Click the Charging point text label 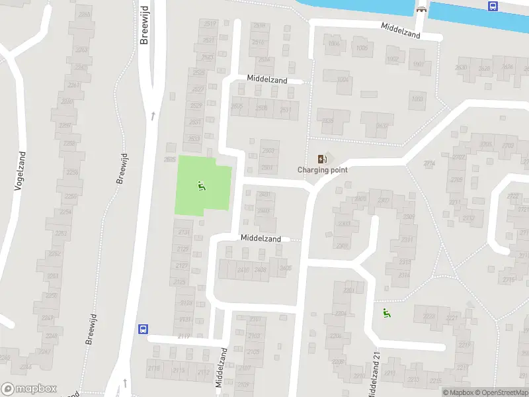click(323, 170)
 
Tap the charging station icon click(322, 159)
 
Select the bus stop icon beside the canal click(493, 6)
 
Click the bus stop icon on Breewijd click(142, 329)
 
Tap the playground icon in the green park click(202, 186)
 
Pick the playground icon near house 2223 click(386, 313)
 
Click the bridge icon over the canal click(421, 9)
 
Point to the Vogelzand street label click(20, 171)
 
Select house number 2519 click(210, 24)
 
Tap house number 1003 click(417, 99)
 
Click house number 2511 click(285, 109)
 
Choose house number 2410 click(243, 270)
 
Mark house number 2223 click(428, 317)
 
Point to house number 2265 click(84, 14)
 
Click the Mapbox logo click(28, 389)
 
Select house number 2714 click(430, 163)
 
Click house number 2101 click(255, 320)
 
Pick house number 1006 click(334, 44)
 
